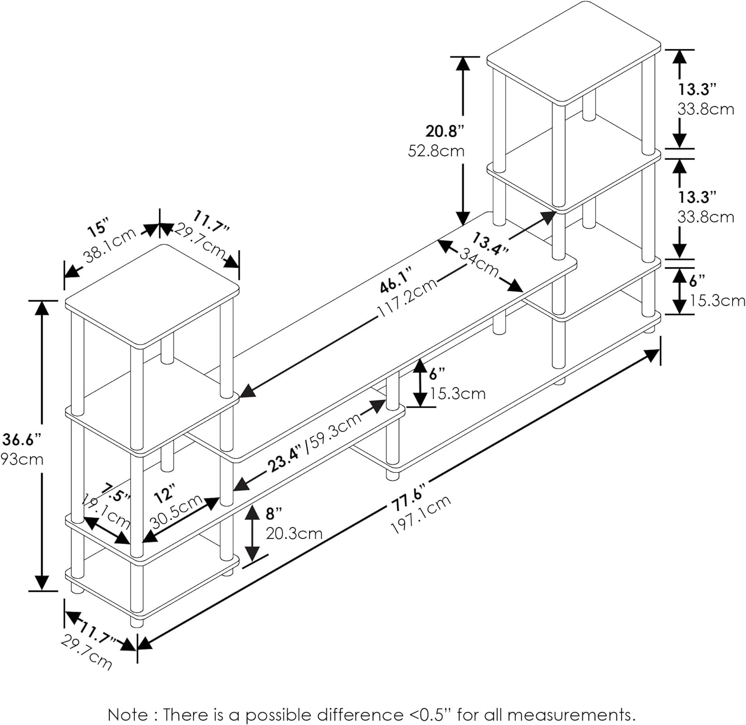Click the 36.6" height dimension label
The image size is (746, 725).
21,440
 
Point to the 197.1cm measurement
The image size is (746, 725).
421,514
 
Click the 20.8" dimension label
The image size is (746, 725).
444,131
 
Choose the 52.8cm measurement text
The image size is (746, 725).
436,150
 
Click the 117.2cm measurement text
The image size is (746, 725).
407,297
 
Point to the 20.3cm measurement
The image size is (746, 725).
294,534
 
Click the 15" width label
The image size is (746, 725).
97,228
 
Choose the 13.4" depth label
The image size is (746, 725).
490,243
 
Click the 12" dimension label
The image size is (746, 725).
165,494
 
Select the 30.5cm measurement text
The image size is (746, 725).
177,512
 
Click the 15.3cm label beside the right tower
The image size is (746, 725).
717,300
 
